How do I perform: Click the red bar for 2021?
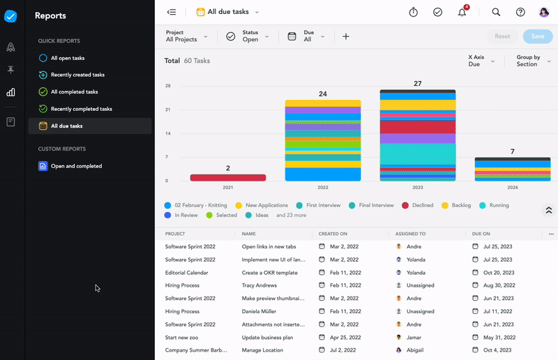[228, 177]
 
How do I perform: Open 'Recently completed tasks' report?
[81, 109]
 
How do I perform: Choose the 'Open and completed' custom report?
[76, 166]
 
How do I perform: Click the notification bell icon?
[462, 12]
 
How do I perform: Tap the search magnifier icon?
[496, 12]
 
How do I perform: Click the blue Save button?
[537, 36]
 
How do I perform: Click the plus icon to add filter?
[346, 36]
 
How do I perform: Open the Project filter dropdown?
[186, 36]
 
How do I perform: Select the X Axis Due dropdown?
[481, 61]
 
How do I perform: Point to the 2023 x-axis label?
[417, 188]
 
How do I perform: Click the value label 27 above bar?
[417, 84]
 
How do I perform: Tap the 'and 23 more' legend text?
[292, 215]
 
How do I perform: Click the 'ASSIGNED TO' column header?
[410, 234]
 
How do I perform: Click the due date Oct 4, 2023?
[499, 350]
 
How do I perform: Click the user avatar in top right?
[544, 12]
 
